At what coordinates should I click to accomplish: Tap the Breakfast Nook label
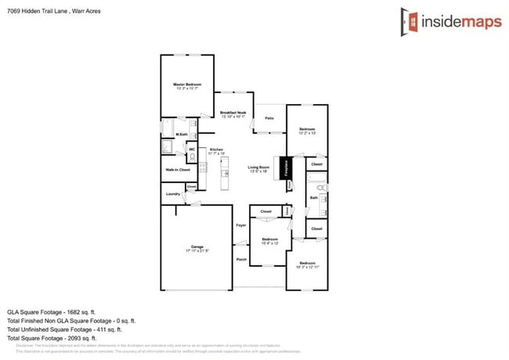(x=233, y=114)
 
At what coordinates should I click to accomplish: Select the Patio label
(x=269, y=118)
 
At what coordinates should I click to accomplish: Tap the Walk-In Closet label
(x=178, y=169)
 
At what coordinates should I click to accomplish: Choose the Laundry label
(x=173, y=193)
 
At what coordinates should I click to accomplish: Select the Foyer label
(x=240, y=225)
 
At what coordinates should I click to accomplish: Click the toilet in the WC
(x=192, y=155)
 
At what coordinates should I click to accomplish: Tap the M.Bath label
(x=181, y=135)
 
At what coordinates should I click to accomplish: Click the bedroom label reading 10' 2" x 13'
(x=307, y=131)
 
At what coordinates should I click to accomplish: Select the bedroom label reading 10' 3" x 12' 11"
(x=306, y=265)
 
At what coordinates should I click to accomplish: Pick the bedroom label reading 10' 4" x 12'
(x=270, y=241)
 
